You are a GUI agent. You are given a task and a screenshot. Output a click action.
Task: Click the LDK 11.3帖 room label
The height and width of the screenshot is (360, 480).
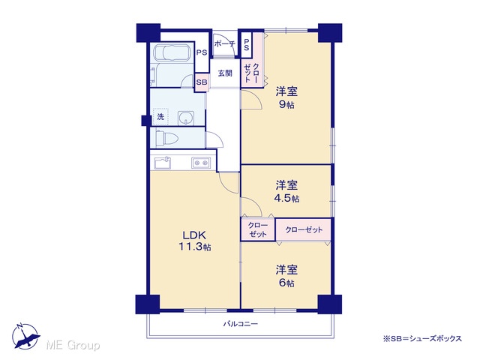(x=195, y=241)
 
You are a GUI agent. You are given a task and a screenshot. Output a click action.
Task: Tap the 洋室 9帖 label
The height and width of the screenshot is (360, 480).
(x=286, y=97)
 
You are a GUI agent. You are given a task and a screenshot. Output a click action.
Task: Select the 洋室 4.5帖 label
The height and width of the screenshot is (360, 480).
(x=286, y=192)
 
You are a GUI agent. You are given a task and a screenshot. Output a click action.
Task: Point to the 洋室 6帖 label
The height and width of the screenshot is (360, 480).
(x=286, y=277)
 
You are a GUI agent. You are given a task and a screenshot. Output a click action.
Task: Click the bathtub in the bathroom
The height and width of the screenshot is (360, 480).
(x=172, y=52)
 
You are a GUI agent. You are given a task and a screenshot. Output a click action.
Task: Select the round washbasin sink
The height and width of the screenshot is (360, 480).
(x=185, y=118)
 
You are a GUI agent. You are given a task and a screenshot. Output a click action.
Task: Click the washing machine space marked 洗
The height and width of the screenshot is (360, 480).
(x=160, y=117)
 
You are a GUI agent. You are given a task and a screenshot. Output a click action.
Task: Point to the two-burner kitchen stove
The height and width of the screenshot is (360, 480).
(x=201, y=163)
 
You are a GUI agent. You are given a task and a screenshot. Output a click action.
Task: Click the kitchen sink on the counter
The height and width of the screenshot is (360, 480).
(x=163, y=163)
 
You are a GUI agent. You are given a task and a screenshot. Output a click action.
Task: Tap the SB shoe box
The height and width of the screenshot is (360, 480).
(x=202, y=82)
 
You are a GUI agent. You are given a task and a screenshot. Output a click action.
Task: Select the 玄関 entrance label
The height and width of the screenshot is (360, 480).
(x=225, y=73)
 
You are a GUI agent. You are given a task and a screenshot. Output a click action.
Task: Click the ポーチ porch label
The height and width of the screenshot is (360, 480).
(x=224, y=43)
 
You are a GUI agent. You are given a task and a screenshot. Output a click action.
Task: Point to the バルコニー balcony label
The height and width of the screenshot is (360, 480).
(x=240, y=323)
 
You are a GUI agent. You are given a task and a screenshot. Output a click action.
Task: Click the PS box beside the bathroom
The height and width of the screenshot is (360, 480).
(x=202, y=52)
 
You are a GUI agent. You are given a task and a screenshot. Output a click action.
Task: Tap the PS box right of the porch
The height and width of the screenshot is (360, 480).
(x=247, y=45)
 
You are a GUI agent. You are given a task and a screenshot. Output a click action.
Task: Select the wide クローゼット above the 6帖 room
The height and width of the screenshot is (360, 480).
(x=304, y=229)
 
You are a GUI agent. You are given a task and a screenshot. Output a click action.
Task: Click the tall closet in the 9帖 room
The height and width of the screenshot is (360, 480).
(x=252, y=73)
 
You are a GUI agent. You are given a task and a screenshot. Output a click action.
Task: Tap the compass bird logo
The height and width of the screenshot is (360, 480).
(x=25, y=336)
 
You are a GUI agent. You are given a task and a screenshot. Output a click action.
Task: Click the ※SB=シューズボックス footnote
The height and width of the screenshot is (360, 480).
(x=422, y=338)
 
